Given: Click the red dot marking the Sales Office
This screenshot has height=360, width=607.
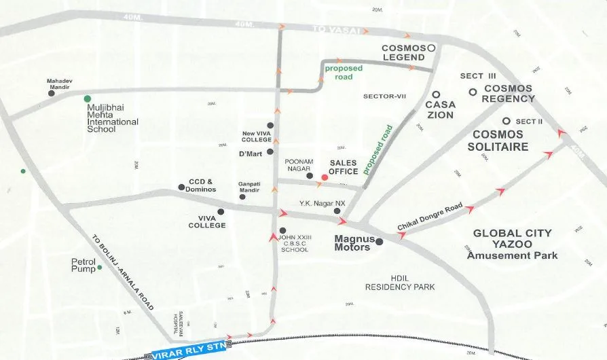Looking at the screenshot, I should click(325, 177).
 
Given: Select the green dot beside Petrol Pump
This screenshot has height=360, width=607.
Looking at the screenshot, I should click(99, 268).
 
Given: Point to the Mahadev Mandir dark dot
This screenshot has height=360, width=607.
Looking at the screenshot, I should click(52, 94).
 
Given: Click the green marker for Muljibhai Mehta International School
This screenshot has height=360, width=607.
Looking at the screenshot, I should click(87, 99).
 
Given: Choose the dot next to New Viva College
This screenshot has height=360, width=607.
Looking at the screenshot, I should click(270, 126).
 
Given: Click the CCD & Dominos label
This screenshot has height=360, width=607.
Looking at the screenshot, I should click(201, 185).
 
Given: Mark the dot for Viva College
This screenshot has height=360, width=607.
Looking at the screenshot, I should click(221, 212).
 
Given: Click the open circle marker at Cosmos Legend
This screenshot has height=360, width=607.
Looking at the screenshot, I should click(430, 48).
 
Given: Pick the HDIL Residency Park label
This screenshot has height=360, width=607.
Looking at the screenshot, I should click(399, 283).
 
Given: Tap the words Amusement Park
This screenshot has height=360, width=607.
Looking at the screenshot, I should click(512, 255).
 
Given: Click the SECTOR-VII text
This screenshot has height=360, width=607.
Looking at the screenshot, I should click(384, 96).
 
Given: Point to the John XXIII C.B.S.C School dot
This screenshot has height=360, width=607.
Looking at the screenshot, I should click(283, 231).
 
